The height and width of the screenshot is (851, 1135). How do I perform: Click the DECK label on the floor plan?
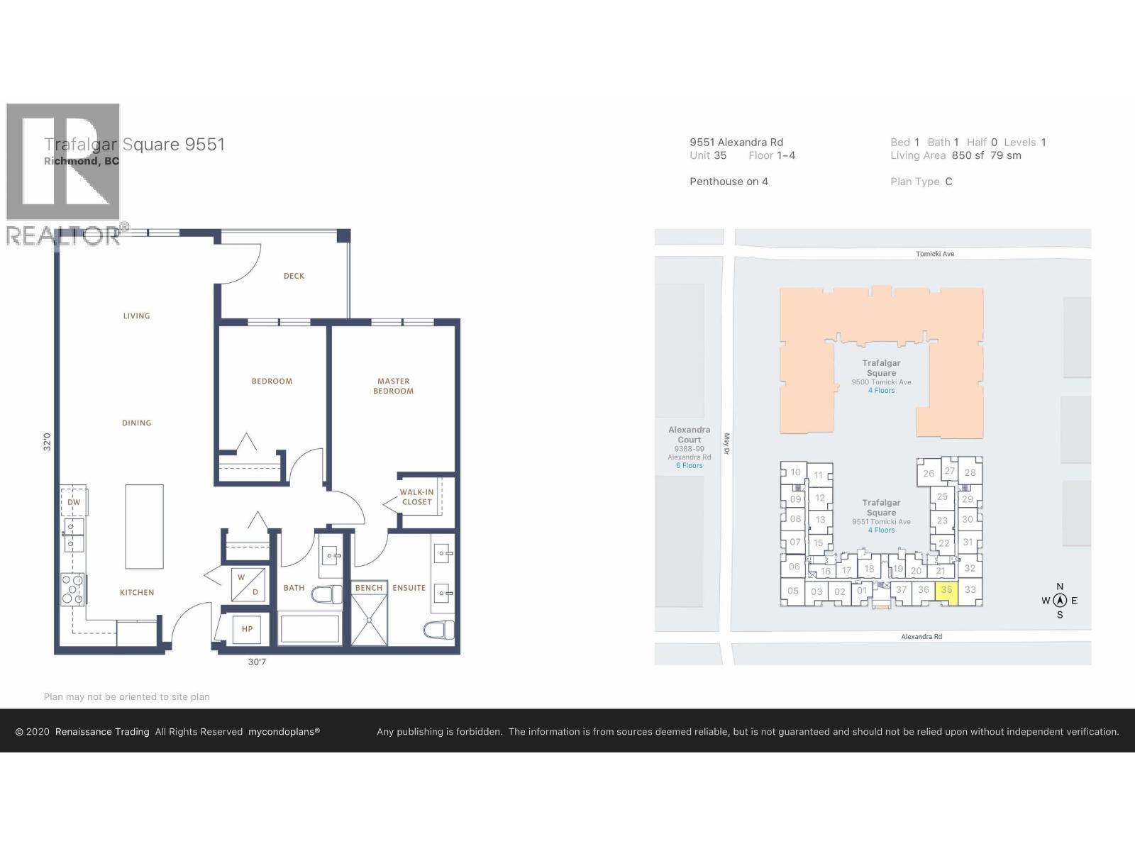tap(294, 276)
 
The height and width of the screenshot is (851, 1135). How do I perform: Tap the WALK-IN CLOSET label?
tap(416, 497)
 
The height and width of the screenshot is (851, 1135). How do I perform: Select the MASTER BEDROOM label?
tap(394, 386)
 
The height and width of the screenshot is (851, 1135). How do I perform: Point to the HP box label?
tap(247, 629)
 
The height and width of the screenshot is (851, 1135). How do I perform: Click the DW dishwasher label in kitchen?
tap(74, 502)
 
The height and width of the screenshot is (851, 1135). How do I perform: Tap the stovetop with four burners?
tap(72, 589)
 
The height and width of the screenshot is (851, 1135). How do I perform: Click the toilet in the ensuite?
tap(439, 629)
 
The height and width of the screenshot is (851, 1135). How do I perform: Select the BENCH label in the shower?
tap(369, 588)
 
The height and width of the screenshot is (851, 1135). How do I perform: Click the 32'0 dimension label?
tap(47, 442)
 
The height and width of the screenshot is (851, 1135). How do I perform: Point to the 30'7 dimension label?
tap(258, 662)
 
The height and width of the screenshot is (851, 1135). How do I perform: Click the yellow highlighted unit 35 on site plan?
tap(947, 591)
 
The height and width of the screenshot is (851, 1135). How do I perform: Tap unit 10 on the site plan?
tap(795, 472)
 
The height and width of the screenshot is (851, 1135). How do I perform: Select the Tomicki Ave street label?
tap(935, 254)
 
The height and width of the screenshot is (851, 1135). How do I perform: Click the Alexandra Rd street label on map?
tap(921, 637)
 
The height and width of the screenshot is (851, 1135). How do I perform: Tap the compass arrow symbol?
tap(1060, 601)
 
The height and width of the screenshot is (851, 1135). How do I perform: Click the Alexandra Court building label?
tap(689, 435)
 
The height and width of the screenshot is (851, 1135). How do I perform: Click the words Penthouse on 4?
tap(729, 182)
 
